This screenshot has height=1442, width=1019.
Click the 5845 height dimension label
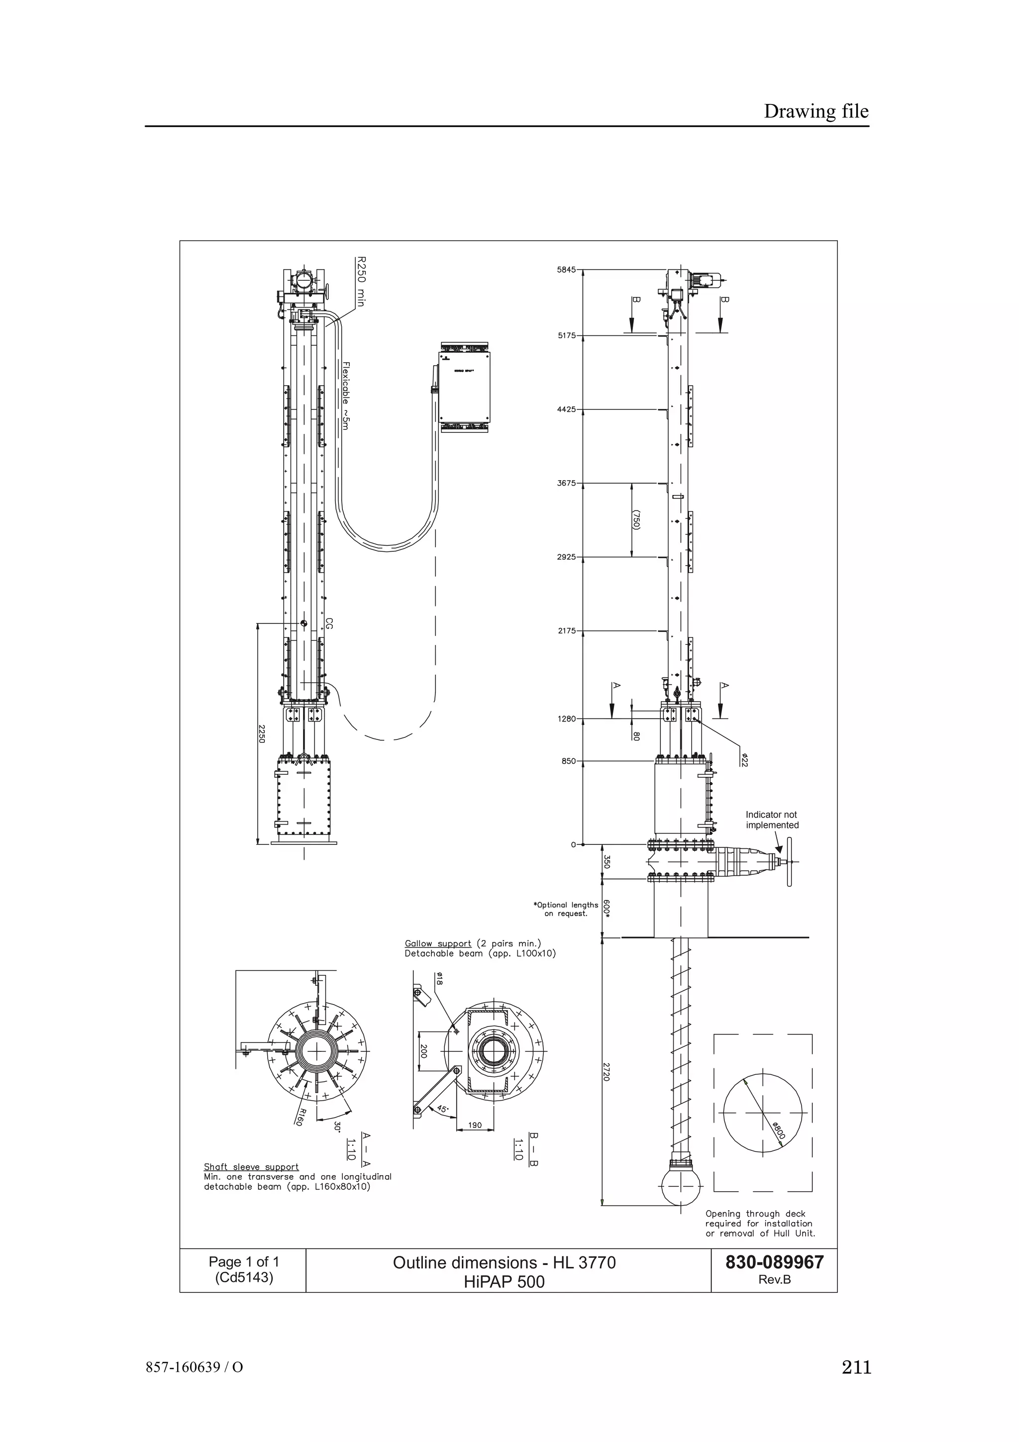(x=566, y=269)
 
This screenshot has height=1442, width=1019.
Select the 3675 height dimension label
(x=566, y=483)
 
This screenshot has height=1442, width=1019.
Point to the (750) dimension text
(x=636, y=519)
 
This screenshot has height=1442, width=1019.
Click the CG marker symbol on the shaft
(x=303, y=623)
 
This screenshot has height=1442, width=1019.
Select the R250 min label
(x=360, y=281)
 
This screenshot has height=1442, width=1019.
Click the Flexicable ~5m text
(x=346, y=395)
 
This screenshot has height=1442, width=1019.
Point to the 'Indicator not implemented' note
(x=772, y=820)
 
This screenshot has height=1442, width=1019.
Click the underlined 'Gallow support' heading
(x=438, y=961)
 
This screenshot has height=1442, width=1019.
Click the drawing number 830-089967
(x=774, y=1262)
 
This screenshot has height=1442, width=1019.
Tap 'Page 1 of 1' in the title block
(x=244, y=1262)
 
